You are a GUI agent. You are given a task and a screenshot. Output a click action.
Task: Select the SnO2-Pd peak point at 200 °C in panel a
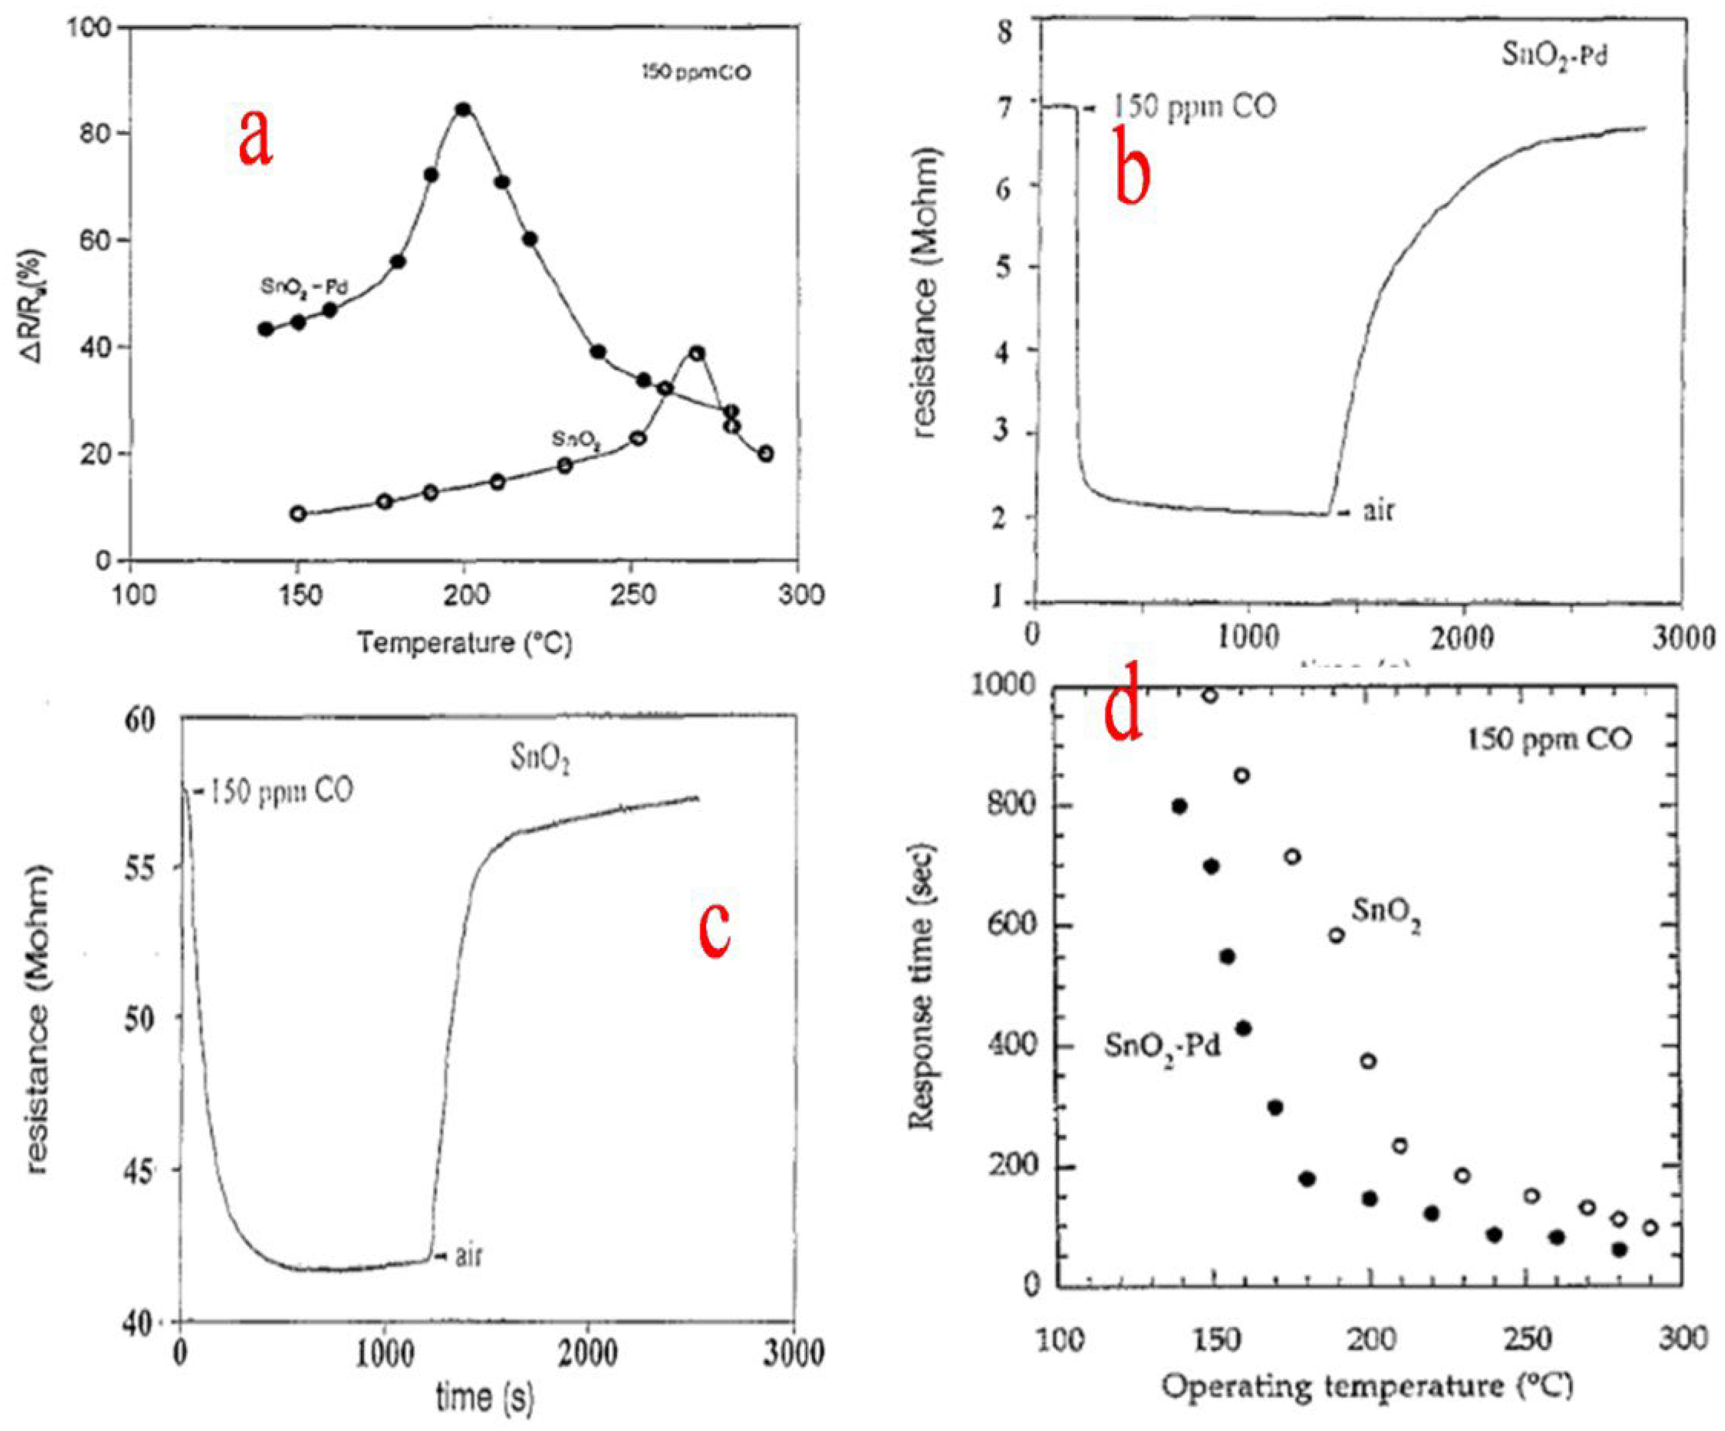[463, 109]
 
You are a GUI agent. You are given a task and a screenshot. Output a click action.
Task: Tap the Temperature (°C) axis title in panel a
[464, 642]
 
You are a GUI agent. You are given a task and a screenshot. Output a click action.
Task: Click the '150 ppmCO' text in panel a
[696, 74]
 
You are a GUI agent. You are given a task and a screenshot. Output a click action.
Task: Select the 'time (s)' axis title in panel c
[485, 1396]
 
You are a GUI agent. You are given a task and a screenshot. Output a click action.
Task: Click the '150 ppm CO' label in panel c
[279, 791]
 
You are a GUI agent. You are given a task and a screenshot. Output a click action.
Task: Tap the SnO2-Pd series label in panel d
[1162, 1046]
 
